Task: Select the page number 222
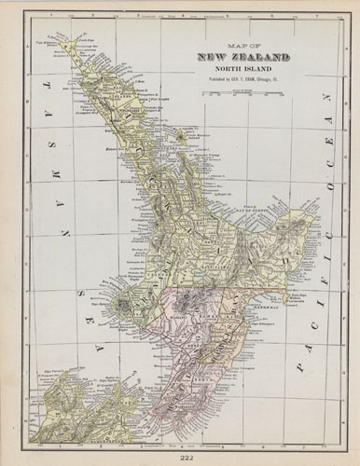(x=180, y=454)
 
